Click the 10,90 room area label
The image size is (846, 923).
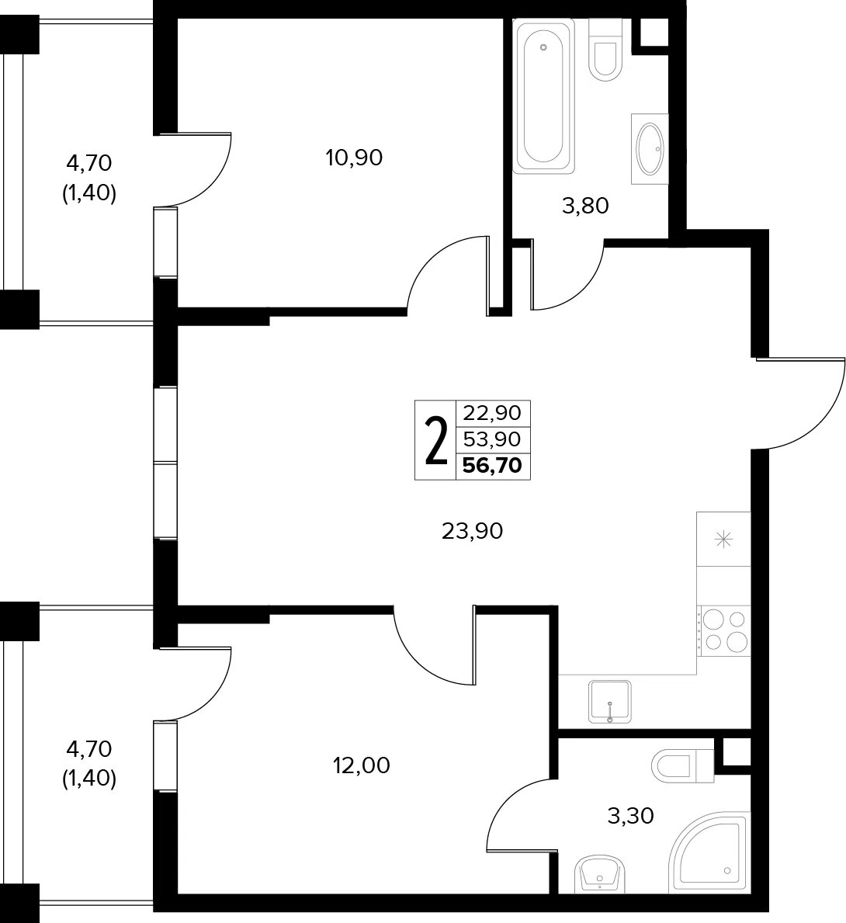(354, 158)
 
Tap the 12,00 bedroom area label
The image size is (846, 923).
(361, 765)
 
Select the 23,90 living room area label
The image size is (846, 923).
(473, 532)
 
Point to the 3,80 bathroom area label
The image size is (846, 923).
(585, 206)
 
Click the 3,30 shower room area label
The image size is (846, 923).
(630, 816)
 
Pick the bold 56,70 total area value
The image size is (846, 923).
(492, 466)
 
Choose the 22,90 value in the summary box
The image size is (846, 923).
(492, 413)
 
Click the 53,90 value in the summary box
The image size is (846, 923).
(492, 439)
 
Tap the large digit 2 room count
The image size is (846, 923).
(435, 440)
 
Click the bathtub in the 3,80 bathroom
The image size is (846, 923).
(543, 96)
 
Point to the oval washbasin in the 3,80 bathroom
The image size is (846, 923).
(650, 149)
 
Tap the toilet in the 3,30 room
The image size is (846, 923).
(683, 766)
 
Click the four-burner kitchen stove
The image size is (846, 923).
(723, 631)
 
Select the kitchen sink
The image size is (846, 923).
(610, 702)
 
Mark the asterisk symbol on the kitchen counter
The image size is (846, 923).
(723, 540)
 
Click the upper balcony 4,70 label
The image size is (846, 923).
(89, 163)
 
